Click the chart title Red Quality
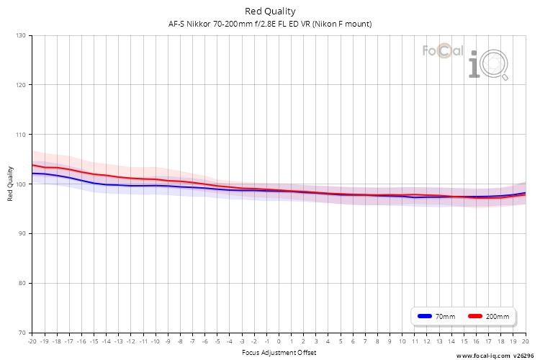point(270,12)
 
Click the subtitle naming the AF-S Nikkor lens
point(270,24)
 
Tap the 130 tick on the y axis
point(21,35)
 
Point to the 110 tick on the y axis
point(21,135)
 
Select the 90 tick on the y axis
point(22,233)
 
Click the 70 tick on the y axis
point(22,333)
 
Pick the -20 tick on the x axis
point(32,341)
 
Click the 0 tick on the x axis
point(279,341)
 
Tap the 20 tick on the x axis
point(526,341)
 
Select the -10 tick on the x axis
point(156,341)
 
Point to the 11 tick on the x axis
point(415,341)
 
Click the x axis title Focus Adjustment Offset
point(279,352)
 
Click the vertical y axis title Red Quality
point(10,184)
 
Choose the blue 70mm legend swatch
point(425,316)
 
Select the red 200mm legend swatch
point(475,316)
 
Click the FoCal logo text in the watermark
point(443,50)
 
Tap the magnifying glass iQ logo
point(488,65)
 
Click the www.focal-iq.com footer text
point(483,356)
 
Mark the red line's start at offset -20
point(32,165)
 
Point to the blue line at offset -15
point(94,183)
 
